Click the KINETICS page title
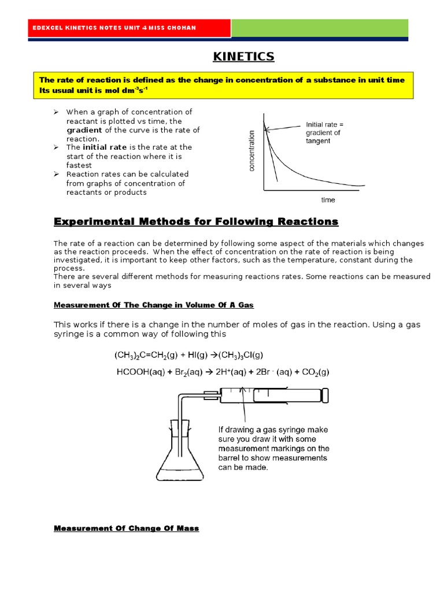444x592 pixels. point(243,57)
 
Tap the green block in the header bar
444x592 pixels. point(320,28)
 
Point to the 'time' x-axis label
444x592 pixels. point(328,200)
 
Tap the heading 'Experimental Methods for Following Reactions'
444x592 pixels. point(196,222)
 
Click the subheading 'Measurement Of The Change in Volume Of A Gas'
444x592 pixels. point(154,305)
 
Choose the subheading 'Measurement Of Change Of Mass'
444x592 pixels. point(126,528)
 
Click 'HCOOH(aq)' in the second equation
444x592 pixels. point(141,372)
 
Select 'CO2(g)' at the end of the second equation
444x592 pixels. point(315,372)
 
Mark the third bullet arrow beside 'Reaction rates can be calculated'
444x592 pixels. point(57,174)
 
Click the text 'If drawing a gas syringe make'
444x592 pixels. point(272,430)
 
